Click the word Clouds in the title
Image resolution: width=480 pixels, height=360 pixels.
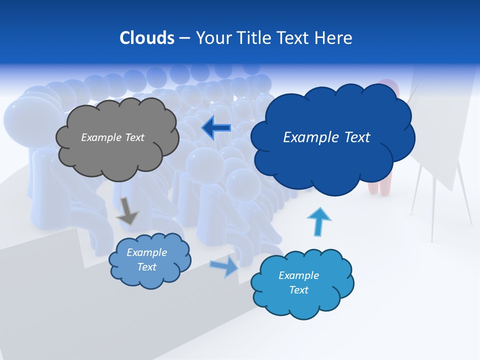(147, 37)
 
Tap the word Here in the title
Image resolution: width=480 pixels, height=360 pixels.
(333, 37)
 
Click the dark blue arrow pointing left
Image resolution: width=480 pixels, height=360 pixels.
(216, 128)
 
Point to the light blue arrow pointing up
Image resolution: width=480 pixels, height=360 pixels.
(319, 222)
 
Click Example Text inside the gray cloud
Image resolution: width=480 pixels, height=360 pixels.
(112, 137)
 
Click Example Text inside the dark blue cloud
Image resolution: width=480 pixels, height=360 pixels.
(326, 137)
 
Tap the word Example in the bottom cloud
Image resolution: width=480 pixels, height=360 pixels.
(298, 275)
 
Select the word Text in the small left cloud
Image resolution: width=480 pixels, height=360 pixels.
(146, 267)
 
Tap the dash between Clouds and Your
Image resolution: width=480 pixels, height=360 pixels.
(185, 38)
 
